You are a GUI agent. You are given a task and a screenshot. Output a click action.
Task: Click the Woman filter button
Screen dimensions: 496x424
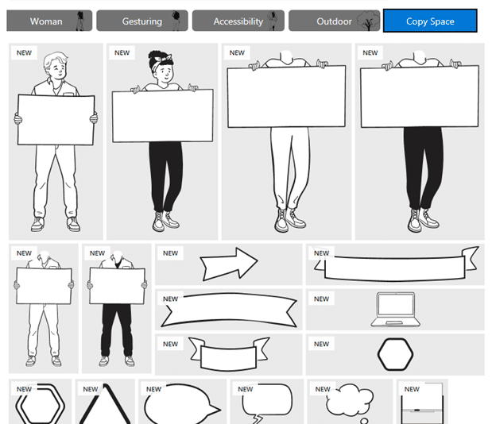coord(49,21)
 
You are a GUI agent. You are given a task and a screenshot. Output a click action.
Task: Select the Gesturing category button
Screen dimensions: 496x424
coord(142,21)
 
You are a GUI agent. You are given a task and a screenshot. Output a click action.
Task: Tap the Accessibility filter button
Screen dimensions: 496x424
coord(238,21)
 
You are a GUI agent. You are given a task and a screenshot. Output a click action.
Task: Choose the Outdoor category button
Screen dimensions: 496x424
coord(334,21)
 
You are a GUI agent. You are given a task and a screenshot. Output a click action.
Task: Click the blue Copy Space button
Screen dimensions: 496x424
coord(430,21)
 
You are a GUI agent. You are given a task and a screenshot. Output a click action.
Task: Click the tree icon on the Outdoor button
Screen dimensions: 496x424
coord(368,21)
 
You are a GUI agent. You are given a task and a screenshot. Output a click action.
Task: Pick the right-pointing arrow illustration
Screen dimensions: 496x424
coord(229,264)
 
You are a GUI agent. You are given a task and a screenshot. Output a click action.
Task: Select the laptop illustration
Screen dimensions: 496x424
coord(395,310)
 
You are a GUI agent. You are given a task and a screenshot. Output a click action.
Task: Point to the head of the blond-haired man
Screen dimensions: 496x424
coord(56,66)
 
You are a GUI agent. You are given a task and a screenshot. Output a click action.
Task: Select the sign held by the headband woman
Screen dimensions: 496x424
coord(163,116)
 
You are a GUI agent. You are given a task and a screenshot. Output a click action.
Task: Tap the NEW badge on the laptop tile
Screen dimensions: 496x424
coord(321,299)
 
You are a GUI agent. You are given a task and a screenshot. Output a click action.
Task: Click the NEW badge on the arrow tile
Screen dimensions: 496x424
coord(170,253)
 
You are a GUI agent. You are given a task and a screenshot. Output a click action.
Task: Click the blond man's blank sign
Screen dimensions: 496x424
coord(56,120)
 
